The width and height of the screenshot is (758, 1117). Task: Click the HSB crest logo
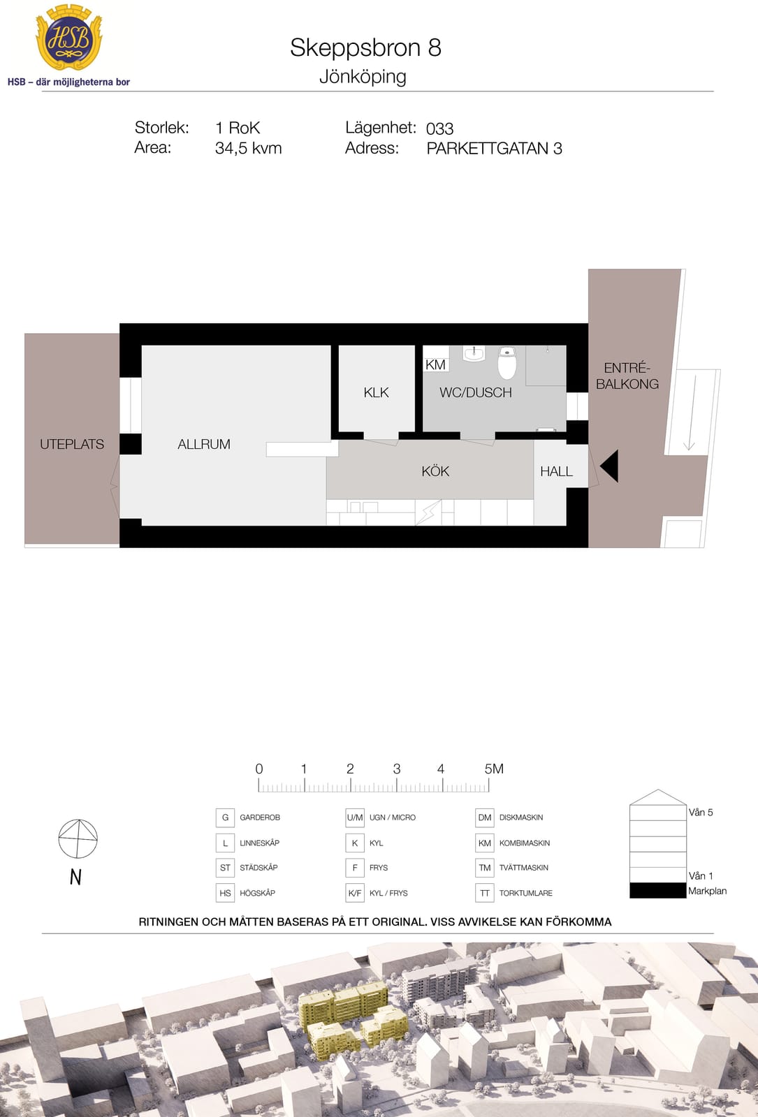[x=69, y=38]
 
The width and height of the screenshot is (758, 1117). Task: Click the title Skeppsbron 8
[x=365, y=48]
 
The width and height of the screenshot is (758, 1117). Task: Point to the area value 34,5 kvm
[x=249, y=148]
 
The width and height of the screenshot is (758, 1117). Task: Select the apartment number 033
[x=439, y=128]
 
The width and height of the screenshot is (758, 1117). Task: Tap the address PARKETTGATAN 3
[x=494, y=149]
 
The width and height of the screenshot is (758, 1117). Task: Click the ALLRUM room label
[x=204, y=444]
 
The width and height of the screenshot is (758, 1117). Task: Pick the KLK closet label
[x=377, y=392]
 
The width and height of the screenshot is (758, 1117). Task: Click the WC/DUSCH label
[x=476, y=392]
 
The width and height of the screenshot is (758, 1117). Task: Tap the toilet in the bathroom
[x=507, y=362]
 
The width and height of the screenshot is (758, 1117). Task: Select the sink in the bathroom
[x=474, y=353]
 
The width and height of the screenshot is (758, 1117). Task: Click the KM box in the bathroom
[x=436, y=364]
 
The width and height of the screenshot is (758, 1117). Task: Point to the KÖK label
[x=435, y=471]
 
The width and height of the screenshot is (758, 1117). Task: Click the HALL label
[x=556, y=471]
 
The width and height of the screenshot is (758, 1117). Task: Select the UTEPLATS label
[x=72, y=444]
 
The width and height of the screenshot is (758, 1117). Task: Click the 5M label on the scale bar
[x=494, y=769]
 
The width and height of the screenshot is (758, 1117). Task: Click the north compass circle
[x=78, y=838]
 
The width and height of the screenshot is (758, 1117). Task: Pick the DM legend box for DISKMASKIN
[x=485, y=818]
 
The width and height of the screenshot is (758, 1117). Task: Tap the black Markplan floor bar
[x=657, y=890]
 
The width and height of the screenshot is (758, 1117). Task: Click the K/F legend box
[x=355, y=893]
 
